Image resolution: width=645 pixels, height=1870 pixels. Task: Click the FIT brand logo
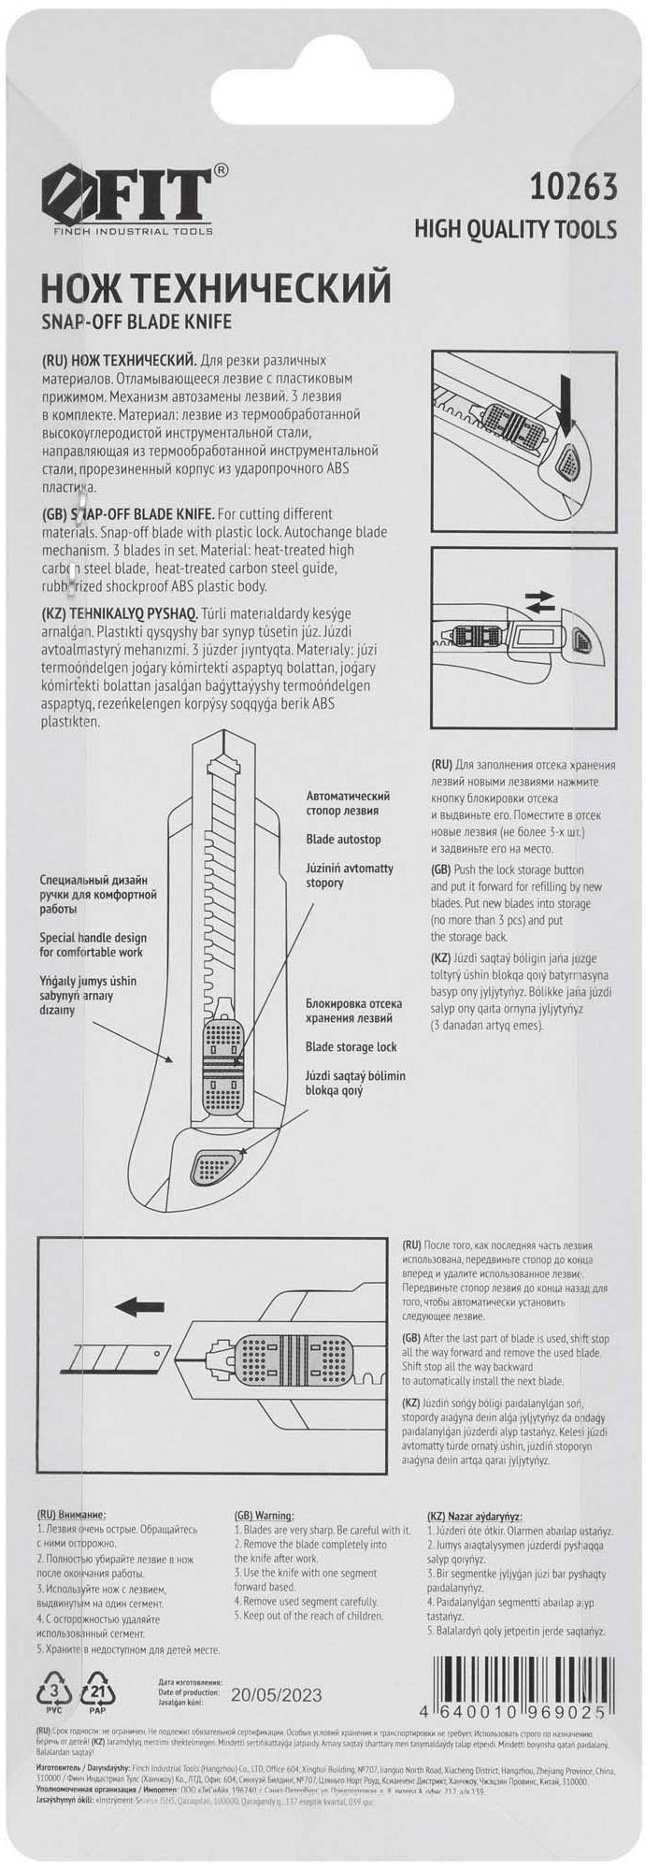(127, 197)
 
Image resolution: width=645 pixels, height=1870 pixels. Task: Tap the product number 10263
(573, 187)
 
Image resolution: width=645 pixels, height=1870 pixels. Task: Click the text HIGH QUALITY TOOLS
(515, 229)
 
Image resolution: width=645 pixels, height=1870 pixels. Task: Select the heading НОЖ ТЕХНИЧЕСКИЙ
(215, 287)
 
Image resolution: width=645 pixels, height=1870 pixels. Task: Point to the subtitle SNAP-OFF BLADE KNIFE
(136, 322)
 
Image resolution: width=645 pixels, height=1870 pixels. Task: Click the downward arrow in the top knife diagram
(566, 397)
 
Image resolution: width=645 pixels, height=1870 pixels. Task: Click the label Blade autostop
(343, 839)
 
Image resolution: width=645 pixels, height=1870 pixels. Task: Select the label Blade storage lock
(351, 1047)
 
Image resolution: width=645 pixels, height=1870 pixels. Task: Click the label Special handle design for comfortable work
(93, 944)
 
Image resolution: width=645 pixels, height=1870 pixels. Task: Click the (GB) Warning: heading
(264, 1515)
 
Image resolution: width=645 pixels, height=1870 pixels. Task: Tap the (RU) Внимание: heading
(71, 1515)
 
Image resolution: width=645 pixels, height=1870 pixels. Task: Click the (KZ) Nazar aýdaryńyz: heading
(474, 1516)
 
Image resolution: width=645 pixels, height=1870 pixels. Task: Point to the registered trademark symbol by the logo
(221, 170)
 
